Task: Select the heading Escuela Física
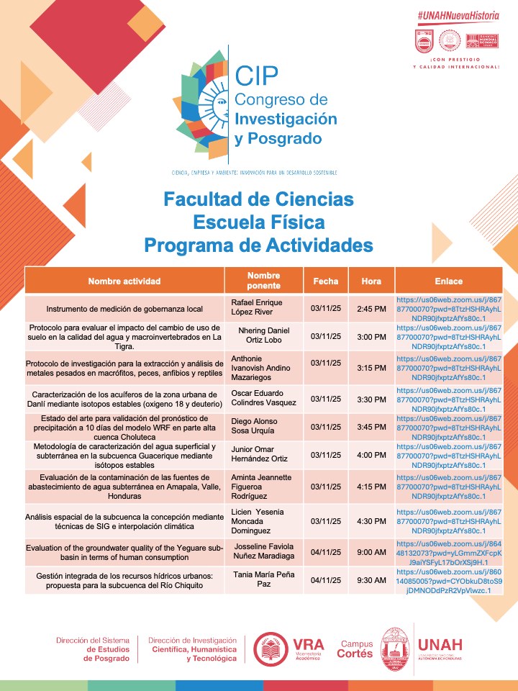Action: pos(258,222)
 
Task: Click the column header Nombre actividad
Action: pos(124,281)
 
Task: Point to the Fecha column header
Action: pos(325,281)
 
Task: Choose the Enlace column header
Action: pos(448,281)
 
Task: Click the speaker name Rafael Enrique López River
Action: pos(256,309)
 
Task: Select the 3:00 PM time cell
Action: pos(371,336)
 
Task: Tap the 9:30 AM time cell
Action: pos(371,579)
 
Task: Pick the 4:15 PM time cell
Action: pos(371,487)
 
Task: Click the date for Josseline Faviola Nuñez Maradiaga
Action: pos(325,552)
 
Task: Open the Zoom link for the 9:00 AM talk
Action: pos(448,552)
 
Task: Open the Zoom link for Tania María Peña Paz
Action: pos(448,580)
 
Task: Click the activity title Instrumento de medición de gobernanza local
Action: pos(124,309)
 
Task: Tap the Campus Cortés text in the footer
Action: pos(356,649)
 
